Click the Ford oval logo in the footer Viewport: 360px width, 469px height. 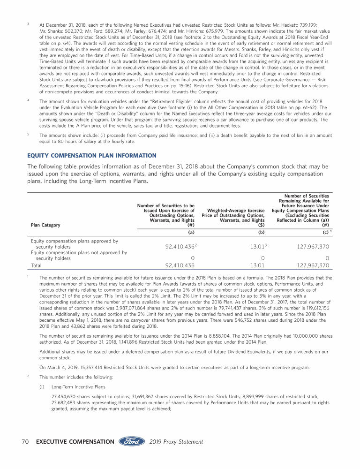coord(132,442)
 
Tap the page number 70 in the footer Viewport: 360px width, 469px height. coord(27,442)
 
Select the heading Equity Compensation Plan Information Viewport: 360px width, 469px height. coord(92,155)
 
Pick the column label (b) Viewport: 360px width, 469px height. coord(262,232)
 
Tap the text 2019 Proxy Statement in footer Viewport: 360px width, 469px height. coord(176,442)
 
